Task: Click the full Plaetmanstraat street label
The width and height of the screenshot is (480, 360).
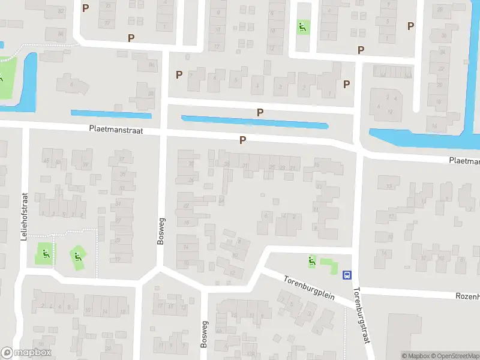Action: click(x=116, y=129)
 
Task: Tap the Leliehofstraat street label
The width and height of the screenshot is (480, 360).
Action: click(x=25, y=216)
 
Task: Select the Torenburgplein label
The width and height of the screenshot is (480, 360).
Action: click(x=307, y=286)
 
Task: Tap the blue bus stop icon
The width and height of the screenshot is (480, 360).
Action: click(x=347, y=275)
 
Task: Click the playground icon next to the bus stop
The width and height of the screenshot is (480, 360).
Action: click(x=311, y=261)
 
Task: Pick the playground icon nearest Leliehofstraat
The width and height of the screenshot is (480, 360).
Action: click(x=44, y=254)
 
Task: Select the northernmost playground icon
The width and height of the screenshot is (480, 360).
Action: click(x=302, y=26)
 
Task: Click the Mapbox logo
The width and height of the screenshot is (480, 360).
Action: click(x=26, y=353)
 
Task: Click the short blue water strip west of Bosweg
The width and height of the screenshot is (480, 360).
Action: click(x=112, y=113)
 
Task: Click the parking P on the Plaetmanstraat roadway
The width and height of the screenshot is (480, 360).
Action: click(x=242, y=140)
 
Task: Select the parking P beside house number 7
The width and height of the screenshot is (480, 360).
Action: click(x=179, y=74)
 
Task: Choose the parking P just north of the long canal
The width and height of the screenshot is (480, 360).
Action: click(x=260, y=112)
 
